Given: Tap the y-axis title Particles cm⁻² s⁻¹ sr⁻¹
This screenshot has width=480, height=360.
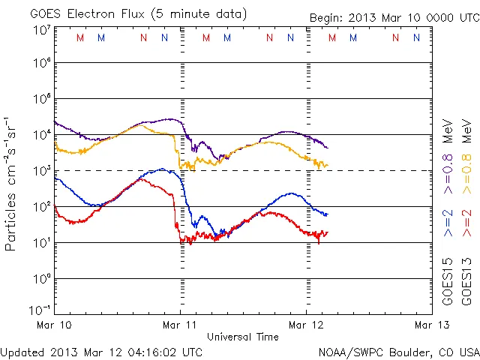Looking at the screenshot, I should click(x=13, y=183).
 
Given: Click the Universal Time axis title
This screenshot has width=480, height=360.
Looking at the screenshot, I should click(x=243, y=337).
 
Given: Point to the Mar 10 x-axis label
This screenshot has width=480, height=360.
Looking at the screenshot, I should click(x=54, y=325).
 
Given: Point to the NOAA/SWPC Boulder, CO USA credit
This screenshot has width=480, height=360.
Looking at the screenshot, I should click(x=398, y=352).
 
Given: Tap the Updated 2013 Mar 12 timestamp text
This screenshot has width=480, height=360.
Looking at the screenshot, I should click(x=101, y=352).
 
